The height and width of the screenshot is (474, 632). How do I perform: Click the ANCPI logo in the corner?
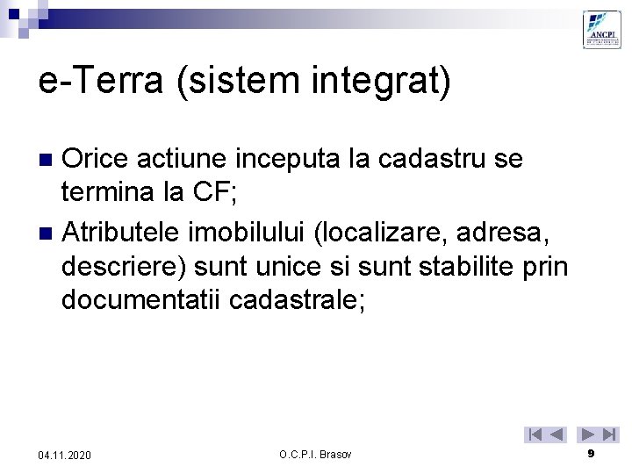coord(602,29)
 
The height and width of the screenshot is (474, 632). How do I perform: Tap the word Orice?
coord(96,159)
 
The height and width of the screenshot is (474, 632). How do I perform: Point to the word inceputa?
coord(276,159)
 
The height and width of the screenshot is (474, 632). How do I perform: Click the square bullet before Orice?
coord(49,160)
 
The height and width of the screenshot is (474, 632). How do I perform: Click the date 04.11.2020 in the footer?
coord(64,455)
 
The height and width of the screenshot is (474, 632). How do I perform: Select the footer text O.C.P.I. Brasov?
coord(315,454)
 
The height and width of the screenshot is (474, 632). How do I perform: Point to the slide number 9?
coord(591,453)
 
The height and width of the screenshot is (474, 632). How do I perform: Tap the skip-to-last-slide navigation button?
coord(610,434)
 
